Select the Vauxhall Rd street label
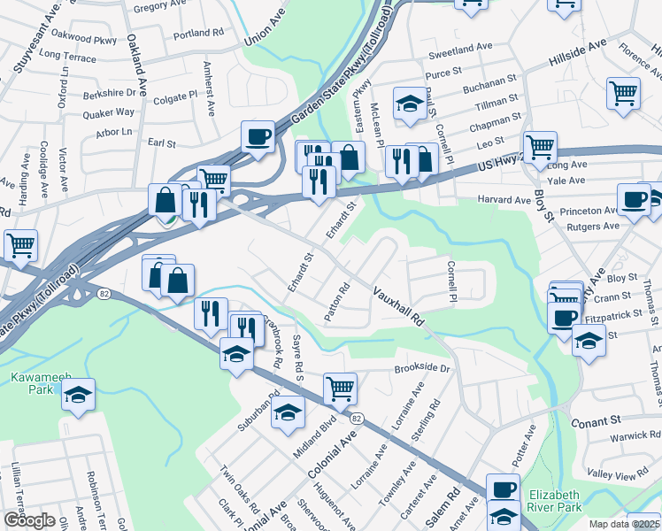pos(399,307)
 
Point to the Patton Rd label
pos(337,301)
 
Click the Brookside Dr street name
pos(422,367)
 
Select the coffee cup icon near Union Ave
pos(258,137)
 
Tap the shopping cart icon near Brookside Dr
pos(340,387)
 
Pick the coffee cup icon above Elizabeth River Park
pos(504,489)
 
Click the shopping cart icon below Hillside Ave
pos(624,92)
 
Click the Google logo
pos(30,519)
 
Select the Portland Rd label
pos(198,34)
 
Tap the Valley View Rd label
pos(635,476)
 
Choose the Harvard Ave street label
pos(504,200)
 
